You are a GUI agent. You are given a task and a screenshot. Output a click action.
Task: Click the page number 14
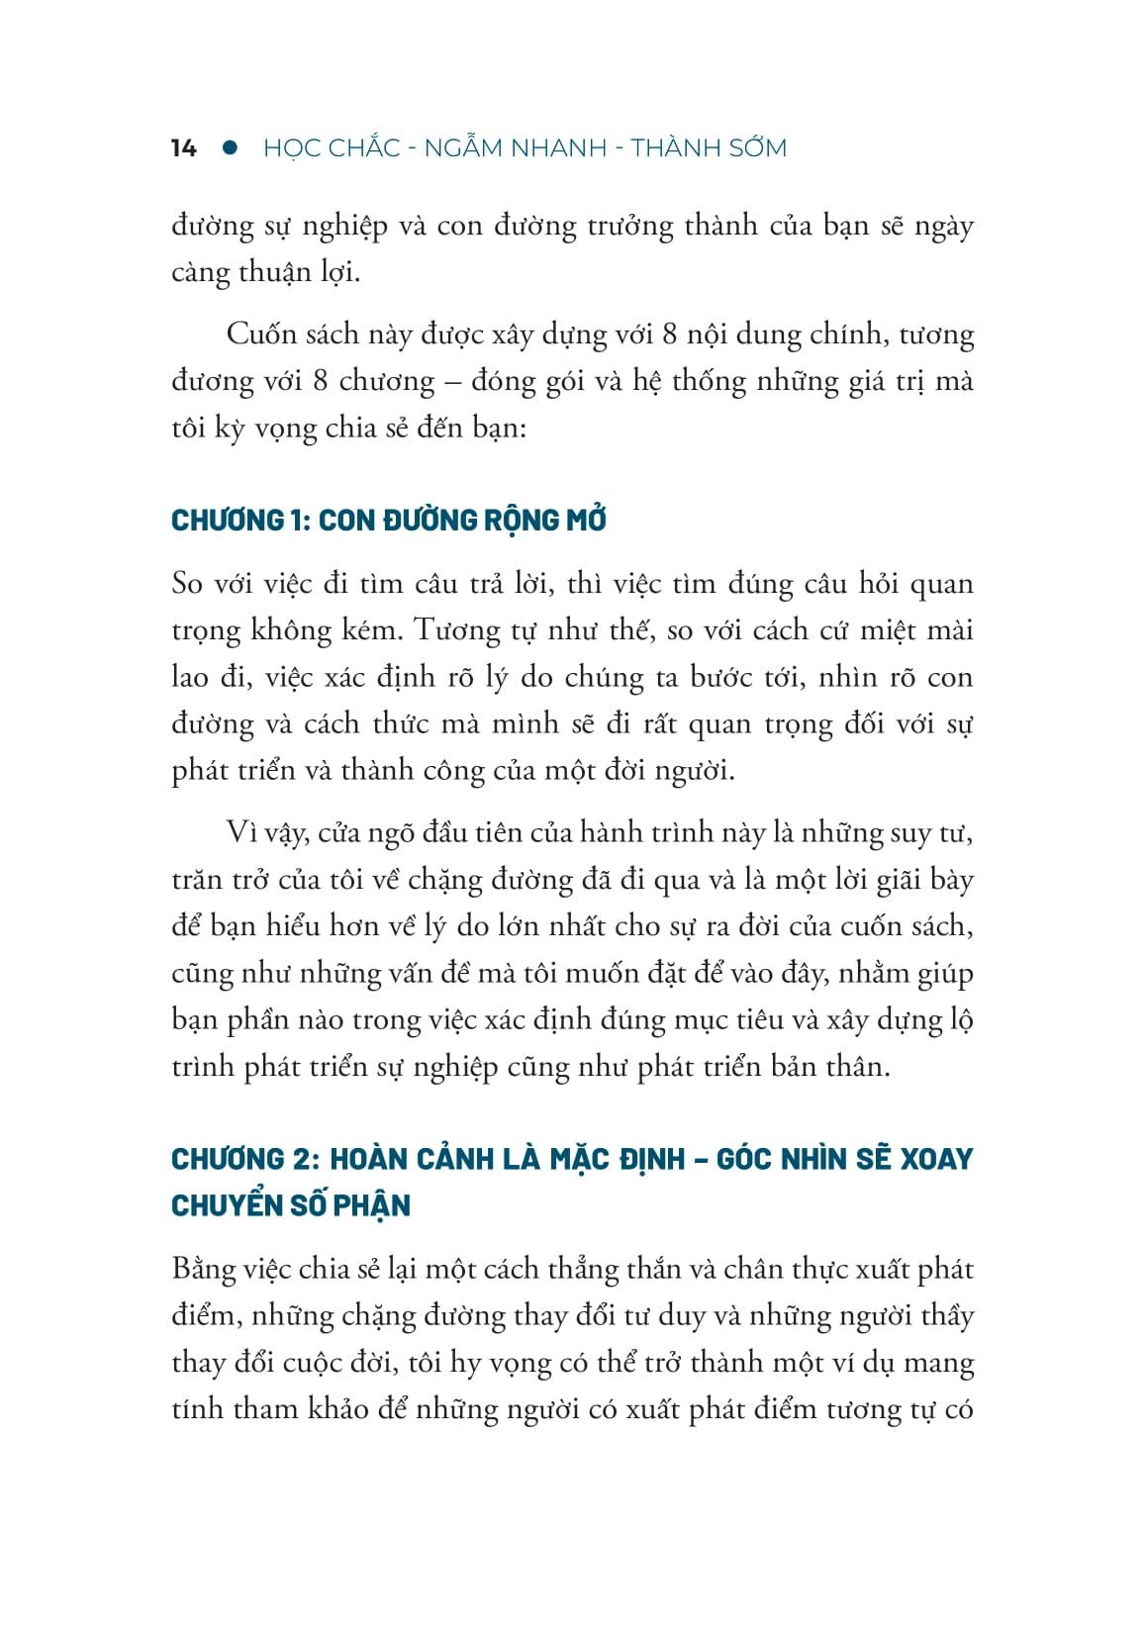[x=184, y=149]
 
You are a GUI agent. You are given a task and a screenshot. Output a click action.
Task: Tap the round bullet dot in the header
[x=231, y=147]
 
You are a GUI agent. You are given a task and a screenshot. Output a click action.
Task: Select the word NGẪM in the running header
[x=464, y=148]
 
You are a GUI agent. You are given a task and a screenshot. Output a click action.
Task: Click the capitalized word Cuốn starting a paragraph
[x=262, y=335]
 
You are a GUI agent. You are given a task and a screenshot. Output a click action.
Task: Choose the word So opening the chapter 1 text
[x=187, y=584]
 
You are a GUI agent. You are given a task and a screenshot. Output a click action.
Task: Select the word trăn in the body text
[x=194, y=881]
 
